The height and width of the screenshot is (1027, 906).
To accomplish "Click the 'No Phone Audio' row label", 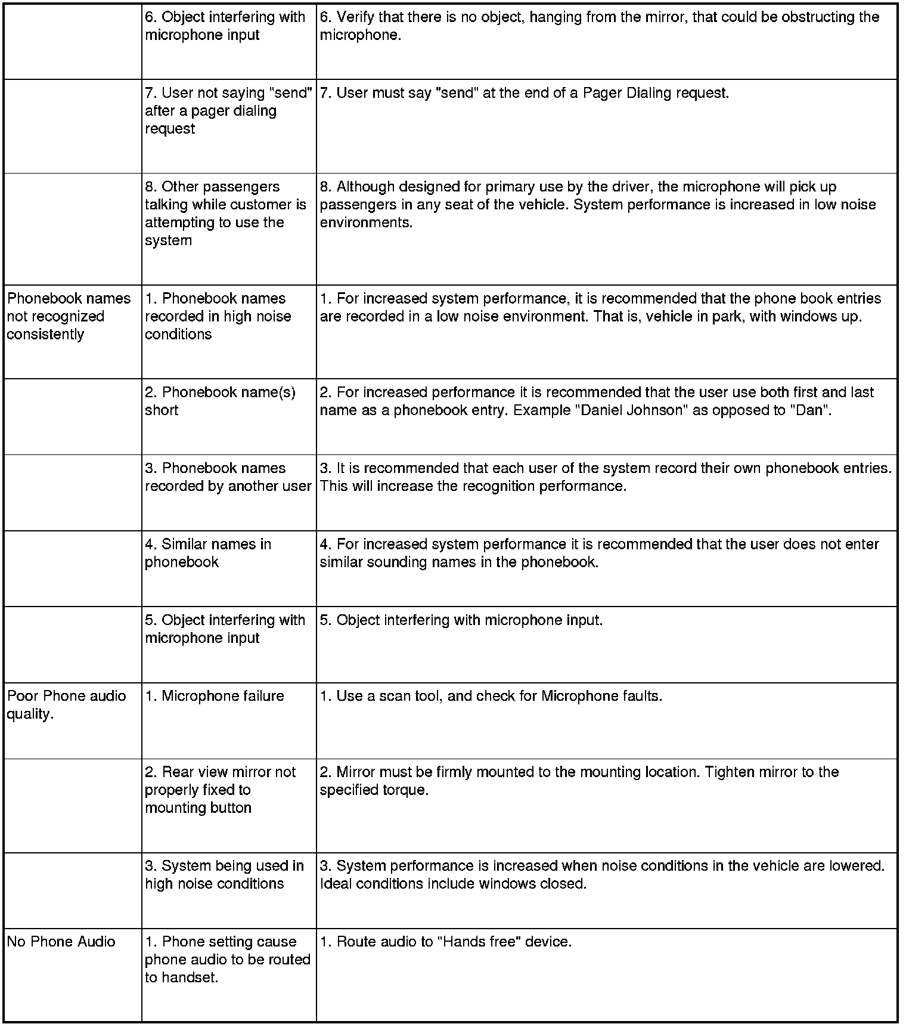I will (61, 942).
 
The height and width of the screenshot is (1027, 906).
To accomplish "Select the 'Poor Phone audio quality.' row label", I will (66, 705).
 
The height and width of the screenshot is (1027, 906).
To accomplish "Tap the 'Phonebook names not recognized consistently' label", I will (69, 316).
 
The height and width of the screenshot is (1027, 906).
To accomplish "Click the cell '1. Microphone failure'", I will (214, 696).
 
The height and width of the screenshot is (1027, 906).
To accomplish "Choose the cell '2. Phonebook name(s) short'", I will (220, 401).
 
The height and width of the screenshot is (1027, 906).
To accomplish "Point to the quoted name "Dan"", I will (809, 410).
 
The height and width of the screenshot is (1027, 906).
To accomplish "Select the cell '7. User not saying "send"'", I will (228, 111).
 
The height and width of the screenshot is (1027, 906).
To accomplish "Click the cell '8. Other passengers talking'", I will (225, 214).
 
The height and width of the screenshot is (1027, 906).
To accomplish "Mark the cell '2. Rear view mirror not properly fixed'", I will (220, 790).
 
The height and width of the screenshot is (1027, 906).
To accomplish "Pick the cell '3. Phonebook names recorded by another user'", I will (228, 477).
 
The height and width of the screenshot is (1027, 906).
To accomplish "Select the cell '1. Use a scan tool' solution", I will (491, 696).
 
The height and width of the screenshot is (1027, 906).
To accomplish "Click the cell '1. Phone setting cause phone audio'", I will (227, 960).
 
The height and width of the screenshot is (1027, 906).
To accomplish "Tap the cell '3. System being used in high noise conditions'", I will (224, 875).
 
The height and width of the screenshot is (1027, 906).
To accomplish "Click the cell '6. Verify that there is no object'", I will (599, 26).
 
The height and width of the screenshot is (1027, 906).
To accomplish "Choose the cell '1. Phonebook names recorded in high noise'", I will (218, 316).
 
